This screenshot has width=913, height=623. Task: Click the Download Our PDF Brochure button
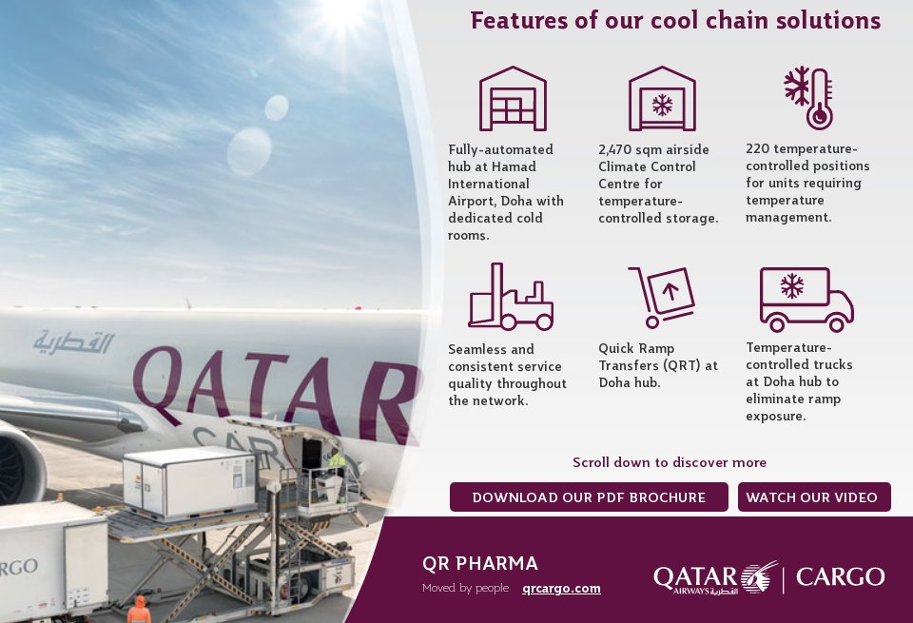pyautogui.click(x=589, y=497)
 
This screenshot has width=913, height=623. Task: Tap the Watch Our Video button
pyautogui.click(x=814, y=497)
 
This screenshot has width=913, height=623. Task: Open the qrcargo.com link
pyautogui.click(x=561, y=589)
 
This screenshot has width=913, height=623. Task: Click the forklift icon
pyautogui.click(x=511, y=297)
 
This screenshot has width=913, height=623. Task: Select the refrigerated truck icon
pyautogui.click(x=806, y=300)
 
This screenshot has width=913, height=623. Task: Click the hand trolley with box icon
pyautogui.click(x=662, y=297)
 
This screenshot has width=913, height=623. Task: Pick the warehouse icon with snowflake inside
pyautogui.click(x=662, y=98)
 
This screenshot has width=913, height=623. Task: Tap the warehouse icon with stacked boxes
pyautogui.click(x=513, y=98)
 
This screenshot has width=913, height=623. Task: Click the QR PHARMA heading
pyautogui.click(x=479, y=564)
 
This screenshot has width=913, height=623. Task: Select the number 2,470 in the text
pyautogui.click(x=614, y=149)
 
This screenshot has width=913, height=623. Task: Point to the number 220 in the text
pyautogui.click(x=758, y=148)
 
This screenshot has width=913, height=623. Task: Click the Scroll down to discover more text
pyautogui.click(x=669, y=462)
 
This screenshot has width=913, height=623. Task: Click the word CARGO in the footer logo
pyautogui.click(x=840, y=577)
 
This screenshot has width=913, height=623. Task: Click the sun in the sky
pyautogui.click(x=344, y=11)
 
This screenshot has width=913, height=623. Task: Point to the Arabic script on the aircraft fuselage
pyautogui.click(x=73, y=342)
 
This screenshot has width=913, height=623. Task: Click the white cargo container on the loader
pyautogui.click(x=190, y=482)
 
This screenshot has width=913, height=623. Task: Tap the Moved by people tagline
pyautogui.click(x=465, y=588)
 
